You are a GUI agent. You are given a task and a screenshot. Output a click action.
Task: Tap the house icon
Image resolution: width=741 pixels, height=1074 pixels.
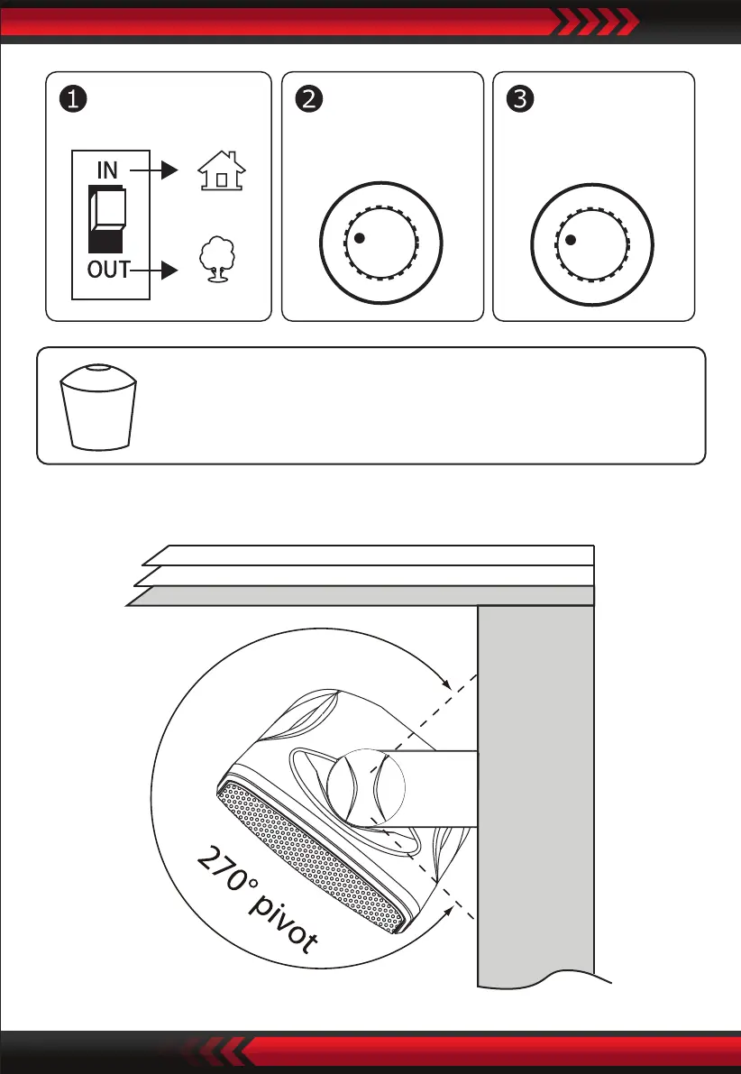click(222, 170)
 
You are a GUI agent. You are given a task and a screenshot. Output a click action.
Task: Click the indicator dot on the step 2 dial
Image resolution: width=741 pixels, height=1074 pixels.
click(359, 238)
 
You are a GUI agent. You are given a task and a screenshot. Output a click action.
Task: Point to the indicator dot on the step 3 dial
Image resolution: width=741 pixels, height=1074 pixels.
click(570, 239)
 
